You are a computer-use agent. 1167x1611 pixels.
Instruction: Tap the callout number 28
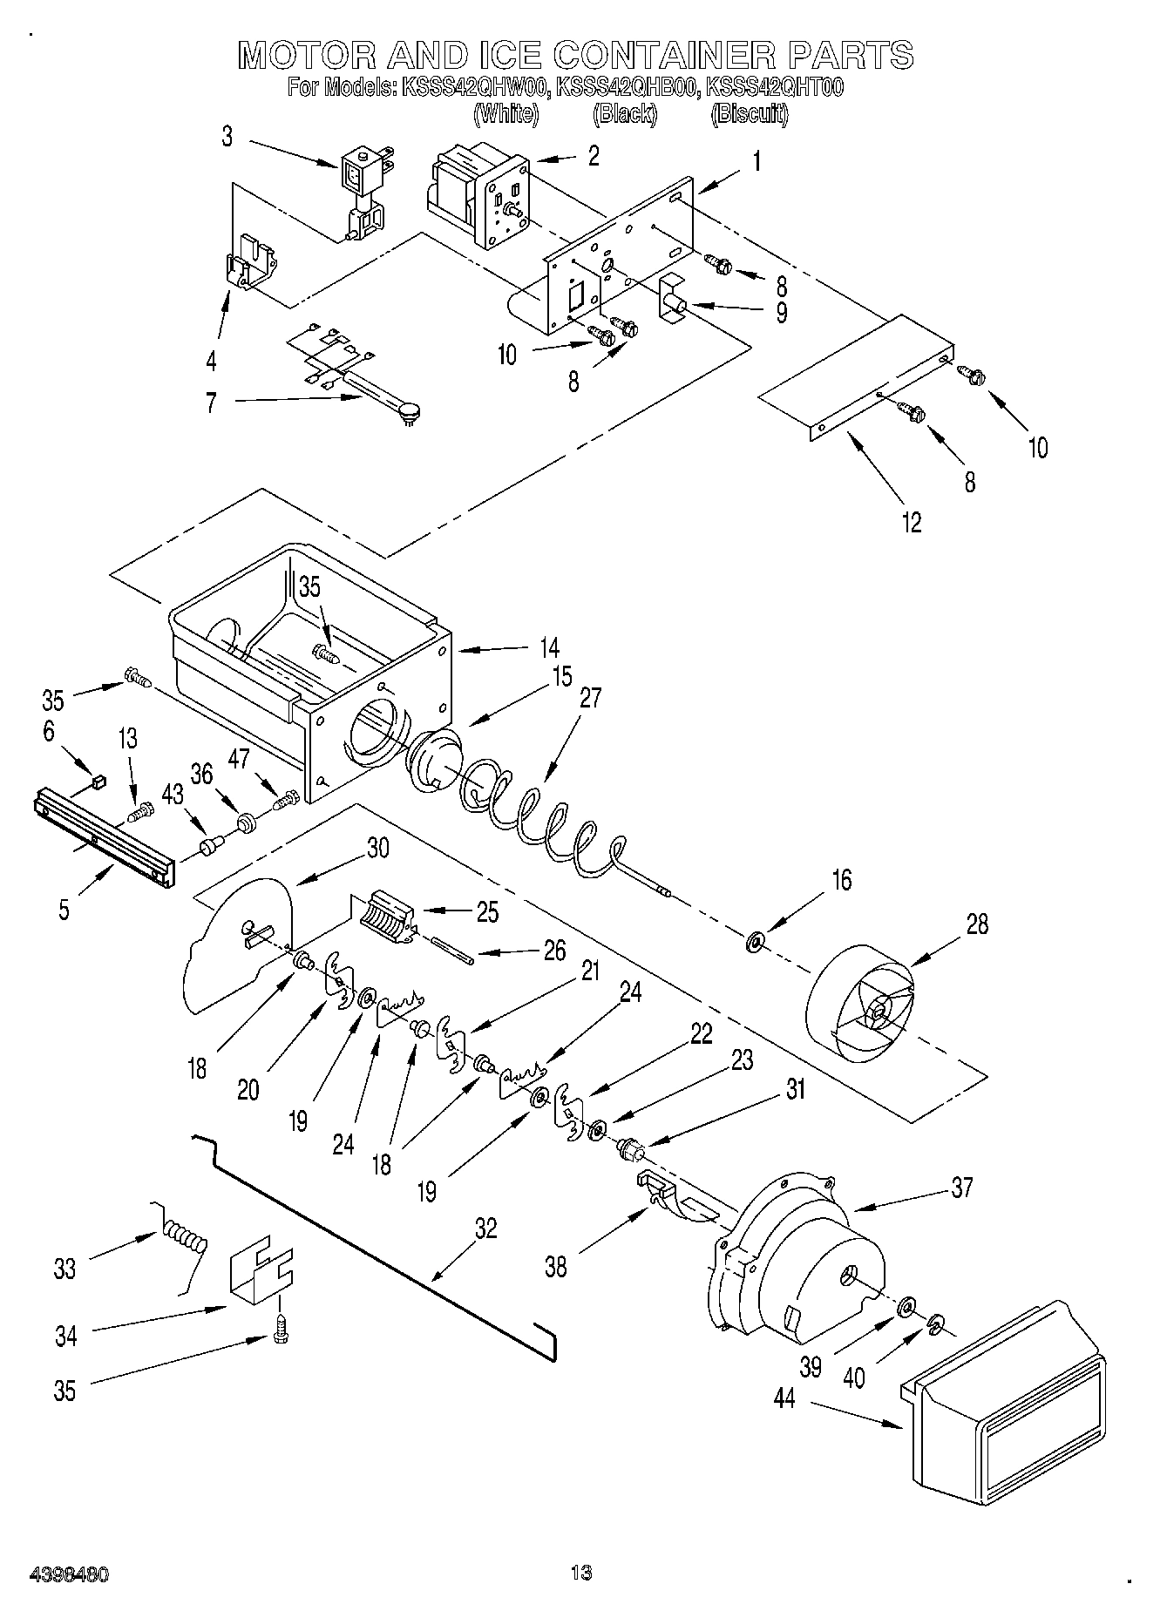[x=977, y=924]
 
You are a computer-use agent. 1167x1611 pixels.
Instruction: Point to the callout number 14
[x=548, y=648]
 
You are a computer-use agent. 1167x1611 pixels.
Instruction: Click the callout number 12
[x=912, y=522]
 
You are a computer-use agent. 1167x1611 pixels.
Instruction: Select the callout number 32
[x=485, y=1229]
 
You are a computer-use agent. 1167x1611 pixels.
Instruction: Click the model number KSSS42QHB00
[x=626, y=88]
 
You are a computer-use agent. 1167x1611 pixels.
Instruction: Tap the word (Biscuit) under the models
[x=750, y=115]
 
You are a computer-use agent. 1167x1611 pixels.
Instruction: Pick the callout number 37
[x=961, y=1188]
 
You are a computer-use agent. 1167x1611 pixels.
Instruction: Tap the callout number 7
[x=211, y=403]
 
